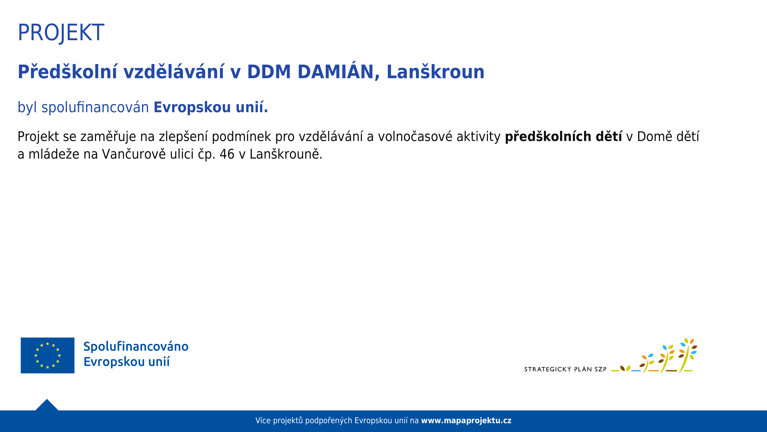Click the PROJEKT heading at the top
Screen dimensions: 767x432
click(x=61, y=33)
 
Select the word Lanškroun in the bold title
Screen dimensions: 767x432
click(x=435, y=72)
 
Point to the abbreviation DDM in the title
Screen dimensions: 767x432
click(x=269, y=72)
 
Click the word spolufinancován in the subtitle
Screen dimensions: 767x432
click(x=95, y=107)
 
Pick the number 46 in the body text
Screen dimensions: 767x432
click(x=227, y=154)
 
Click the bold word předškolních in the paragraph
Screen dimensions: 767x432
click(x=548, y=137)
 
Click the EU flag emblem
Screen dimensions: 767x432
click(x=48, y=355)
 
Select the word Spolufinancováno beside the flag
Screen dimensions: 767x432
click(x=136, y=346)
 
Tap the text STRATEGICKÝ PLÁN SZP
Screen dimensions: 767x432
click(x=565, y=369)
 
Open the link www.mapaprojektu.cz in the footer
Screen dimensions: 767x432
click(x=466, y=421)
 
